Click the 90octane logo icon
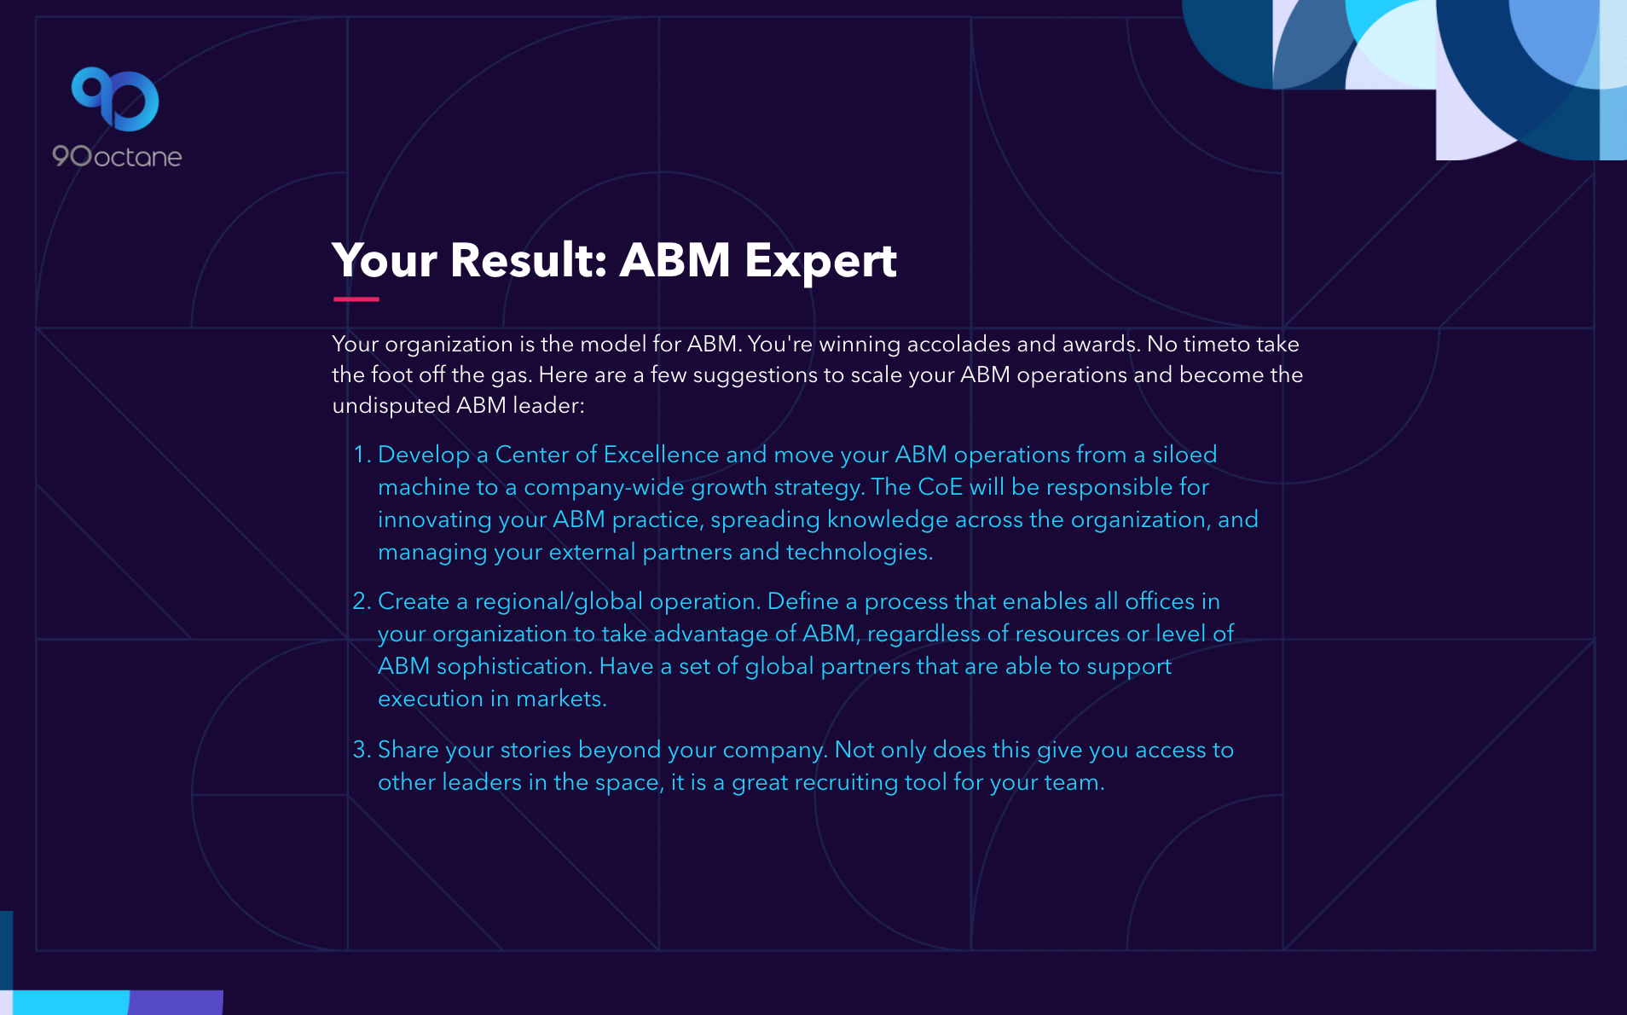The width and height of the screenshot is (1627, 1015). click(x=115, y=99)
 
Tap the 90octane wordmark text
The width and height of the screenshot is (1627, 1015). click(x=117, y=156)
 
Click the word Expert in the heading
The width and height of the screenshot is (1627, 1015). click(x=820, y=261)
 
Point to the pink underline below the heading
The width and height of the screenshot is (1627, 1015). click(x=356, y=299)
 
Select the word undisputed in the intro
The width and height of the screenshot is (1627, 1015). click(x=391, y=406)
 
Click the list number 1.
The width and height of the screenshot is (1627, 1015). click(x=362, y=455)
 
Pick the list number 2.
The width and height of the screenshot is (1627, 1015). click(x=362, y=601)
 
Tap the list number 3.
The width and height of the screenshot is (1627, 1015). click(x=362, y=750)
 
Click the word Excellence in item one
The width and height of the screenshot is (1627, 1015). click(x=661, y=455)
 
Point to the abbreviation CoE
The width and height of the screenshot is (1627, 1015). click(x=941, y=487)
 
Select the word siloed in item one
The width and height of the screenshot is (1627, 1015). click(x=1184, y=455)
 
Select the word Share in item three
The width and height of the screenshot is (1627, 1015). click(x=408, y=750)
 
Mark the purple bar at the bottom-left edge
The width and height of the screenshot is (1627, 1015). click(x=177, y=1002)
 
